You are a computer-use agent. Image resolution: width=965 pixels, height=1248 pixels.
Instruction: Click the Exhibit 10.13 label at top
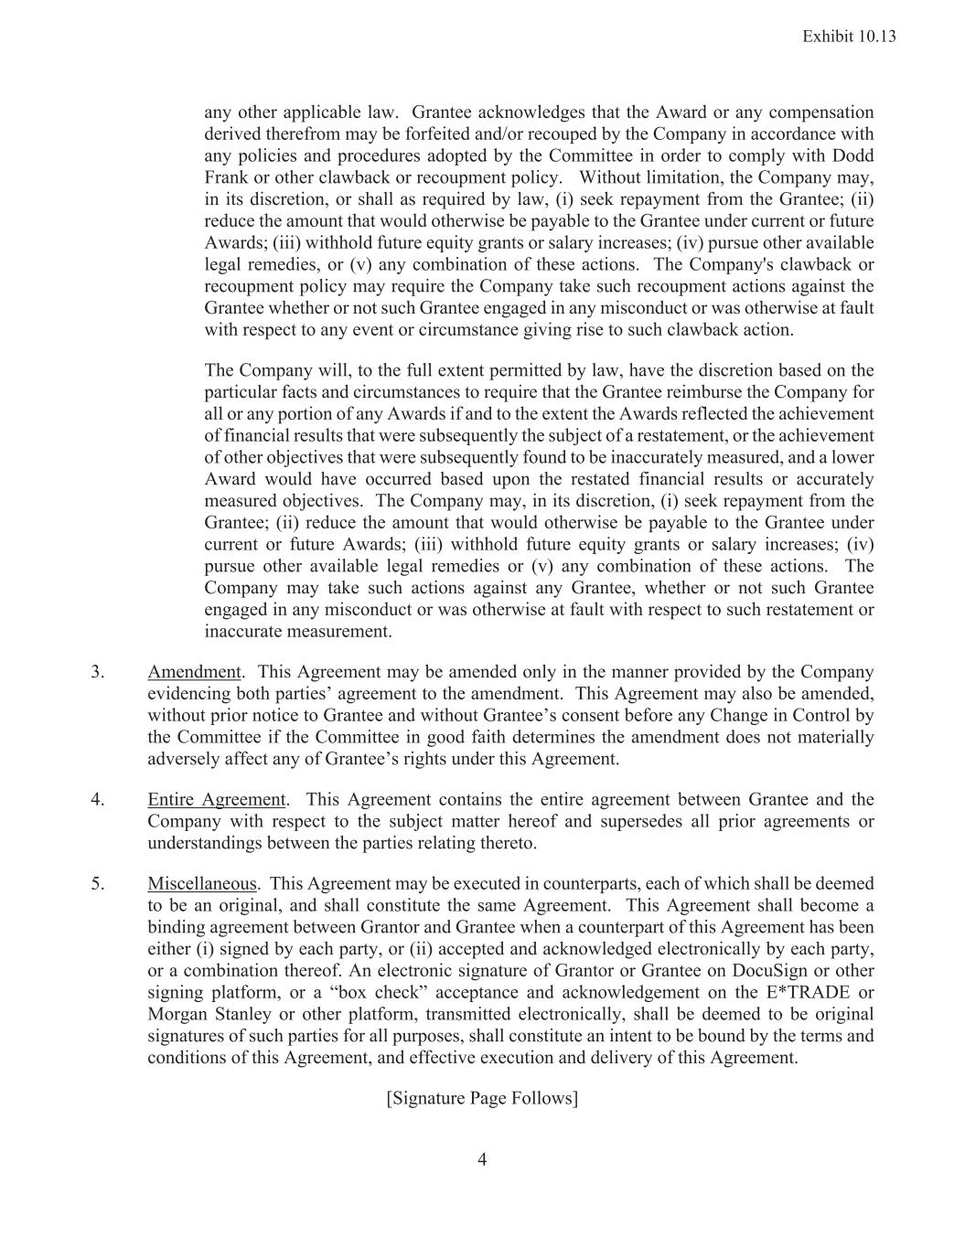[x=848, y=37]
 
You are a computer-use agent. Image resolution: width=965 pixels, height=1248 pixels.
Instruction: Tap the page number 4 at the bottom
[x=482, y=1160]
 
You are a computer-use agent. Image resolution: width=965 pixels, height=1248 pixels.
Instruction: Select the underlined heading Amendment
[x=194, y=672]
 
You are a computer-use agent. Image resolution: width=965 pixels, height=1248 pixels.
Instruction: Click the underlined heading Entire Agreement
[x=217, y=800]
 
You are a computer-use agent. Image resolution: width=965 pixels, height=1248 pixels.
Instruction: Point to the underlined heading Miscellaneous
[x=202, y=884]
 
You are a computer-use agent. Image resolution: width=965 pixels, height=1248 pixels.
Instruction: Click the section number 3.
[x=97, y=672]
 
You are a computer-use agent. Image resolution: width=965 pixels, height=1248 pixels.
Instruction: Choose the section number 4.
[x=97, y=800]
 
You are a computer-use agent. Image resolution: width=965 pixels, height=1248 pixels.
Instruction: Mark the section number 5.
[x=97, y=884]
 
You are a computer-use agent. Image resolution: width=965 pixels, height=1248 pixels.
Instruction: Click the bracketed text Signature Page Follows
[x=482, y=1098]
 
